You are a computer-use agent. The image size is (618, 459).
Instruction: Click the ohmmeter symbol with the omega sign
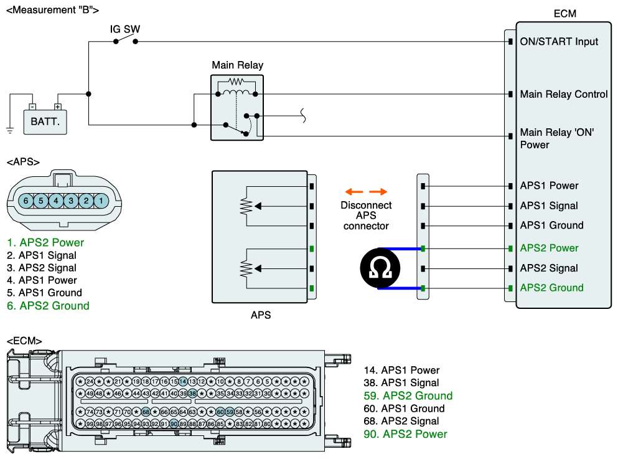[x=380, y=268]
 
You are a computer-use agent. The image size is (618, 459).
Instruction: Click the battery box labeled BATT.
[x=45, y=122]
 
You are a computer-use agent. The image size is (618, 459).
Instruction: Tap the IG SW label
[x=125, y=29]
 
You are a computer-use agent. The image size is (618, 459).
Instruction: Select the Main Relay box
[x=237, y=108]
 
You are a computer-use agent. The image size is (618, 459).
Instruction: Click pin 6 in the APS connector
[x=26, y=201]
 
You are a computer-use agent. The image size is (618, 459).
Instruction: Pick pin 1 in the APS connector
[x=101, y=201]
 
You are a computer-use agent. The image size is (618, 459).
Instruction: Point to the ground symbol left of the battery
[x=10, y=130]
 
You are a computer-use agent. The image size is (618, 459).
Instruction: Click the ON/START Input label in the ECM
[x=559, y=42]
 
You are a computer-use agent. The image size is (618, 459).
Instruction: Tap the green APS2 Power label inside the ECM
[x=549, y=248]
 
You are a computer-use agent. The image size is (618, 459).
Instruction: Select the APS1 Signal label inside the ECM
[x=549, y=206]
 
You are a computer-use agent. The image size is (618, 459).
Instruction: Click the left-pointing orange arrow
[x=354, y=192]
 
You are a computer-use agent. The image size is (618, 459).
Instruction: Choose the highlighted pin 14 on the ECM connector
[x=183, y=381]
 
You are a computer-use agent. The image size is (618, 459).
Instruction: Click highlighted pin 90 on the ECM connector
[x=174, y=424]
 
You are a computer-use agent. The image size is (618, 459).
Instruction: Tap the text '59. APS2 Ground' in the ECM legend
[x=408, y=395]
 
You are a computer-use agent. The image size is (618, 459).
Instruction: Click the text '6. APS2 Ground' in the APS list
[x=48, y=306]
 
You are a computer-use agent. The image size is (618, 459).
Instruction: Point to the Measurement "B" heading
[x=53, y=10]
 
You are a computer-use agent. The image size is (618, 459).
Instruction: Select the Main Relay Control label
[x=564, y=94]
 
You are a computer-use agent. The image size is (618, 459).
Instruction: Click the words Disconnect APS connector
[x=366, y=215]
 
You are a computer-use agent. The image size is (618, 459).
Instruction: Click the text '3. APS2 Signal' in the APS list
[x=41, y=268]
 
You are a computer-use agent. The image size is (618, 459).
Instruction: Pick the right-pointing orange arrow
[x=378, y=192]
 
